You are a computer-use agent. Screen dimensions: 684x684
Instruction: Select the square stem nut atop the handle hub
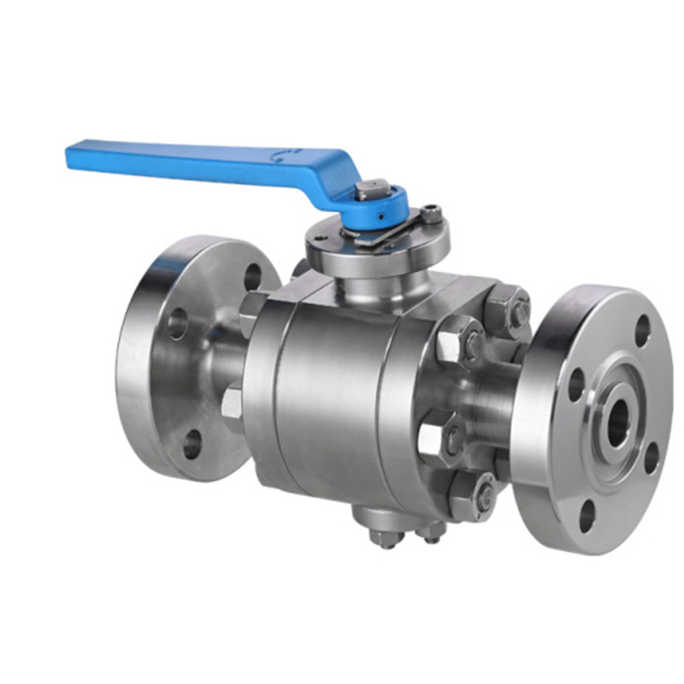(x=373, y=189)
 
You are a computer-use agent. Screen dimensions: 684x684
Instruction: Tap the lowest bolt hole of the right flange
(x=586, y=513)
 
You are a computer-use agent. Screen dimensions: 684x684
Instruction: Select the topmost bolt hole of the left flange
(x=252, y=276)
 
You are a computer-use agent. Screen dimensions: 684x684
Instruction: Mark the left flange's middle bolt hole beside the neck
(x=178, y=323)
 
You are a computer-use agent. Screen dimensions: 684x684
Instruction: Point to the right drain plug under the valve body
(x=429, y=534)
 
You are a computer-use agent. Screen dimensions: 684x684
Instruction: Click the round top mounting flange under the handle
(x=376, y=248)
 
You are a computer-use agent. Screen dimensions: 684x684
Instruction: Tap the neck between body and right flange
(x=496, y=402)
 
